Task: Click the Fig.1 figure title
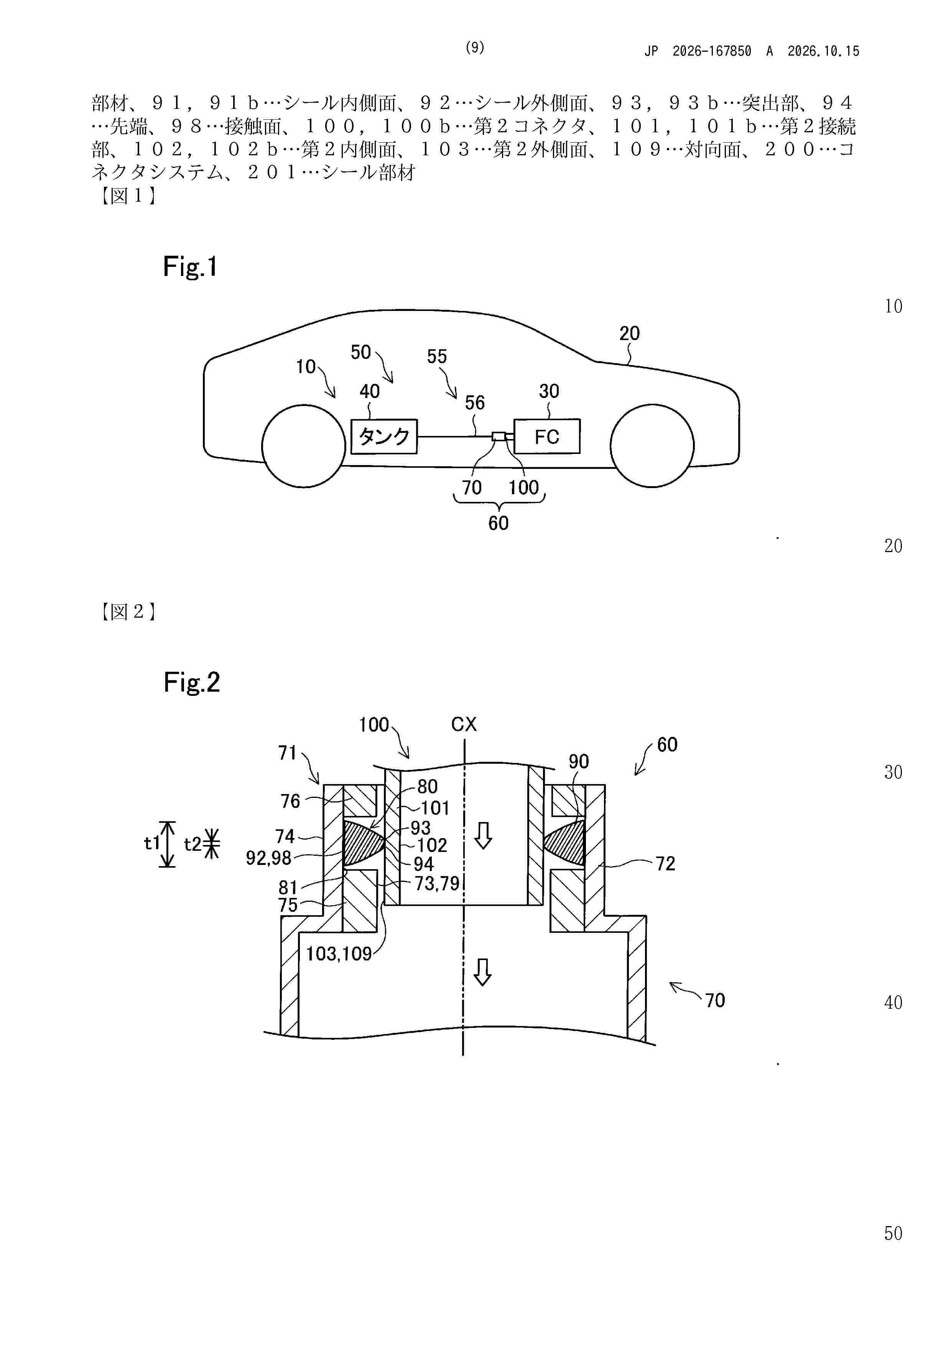point(191,267)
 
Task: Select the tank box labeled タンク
point(384,436)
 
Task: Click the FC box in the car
point(547,436)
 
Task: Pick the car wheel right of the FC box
point(652,445)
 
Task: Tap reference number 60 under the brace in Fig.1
point(499,523)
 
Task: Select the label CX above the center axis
point(464,725)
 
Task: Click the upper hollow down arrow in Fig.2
point(483,835)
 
